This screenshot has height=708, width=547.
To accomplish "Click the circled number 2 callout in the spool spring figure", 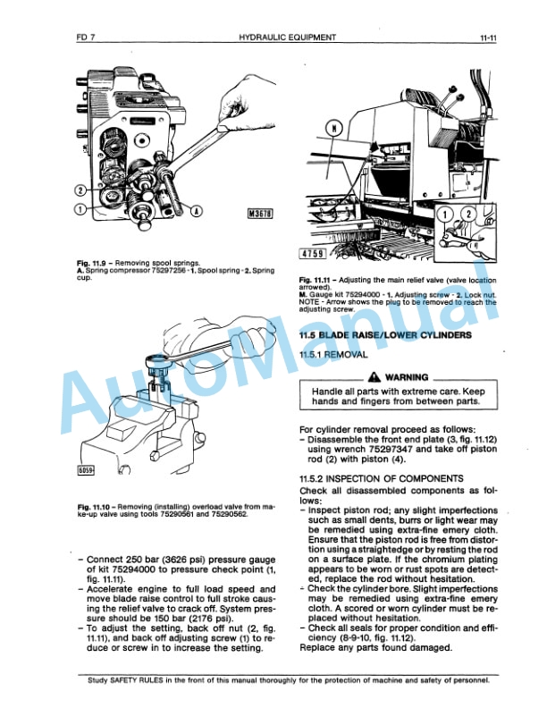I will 80,190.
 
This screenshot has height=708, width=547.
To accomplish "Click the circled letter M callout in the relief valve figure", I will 335,128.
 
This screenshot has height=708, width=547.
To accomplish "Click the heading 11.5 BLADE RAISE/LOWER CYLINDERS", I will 385,334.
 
